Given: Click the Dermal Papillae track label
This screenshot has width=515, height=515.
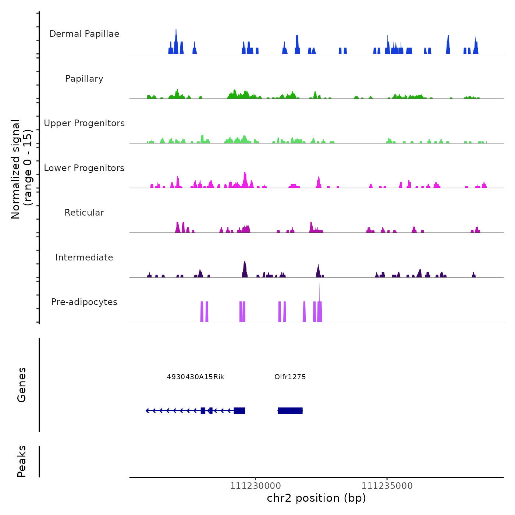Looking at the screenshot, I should pyautogui.click(x=84, y=34).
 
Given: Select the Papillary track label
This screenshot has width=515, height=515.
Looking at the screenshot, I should pyautogui.click(x=84, y=79).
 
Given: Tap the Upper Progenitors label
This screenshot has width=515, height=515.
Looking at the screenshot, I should pyautogui.click(x=84, y=123).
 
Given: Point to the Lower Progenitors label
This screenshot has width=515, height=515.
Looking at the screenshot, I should pyautogui.click(x=84, y=168).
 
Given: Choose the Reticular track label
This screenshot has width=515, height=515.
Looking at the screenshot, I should pyautogui.click(x=84, y=213).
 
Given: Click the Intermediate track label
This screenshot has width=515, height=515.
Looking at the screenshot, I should pyautogui.click(x=84, y=257).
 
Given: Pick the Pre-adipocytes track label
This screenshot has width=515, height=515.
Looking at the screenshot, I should pyautogui.click(x=84, y=302).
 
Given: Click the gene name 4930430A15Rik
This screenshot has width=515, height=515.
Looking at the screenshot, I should pyautogui.click(x=195, y=377).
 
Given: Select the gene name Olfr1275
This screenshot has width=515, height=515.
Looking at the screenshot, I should pyautogui.click(x=290, y=377).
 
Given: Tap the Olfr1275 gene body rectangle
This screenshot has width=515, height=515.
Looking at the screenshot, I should pyautogui.click(x=290, y=411).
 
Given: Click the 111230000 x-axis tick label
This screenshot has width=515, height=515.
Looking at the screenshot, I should pyautogui.click(x=256, y=486).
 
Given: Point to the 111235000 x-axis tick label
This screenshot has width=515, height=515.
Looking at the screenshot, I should pyautogui.click(x=387, y=486).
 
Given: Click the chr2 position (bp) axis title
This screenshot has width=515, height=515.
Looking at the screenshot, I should pyautogui.click(x=316, y=498).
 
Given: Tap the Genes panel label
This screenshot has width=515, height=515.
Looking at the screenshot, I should pyautogui.click(x=22, y=385).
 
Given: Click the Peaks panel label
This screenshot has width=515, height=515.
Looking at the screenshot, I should pyautogui.click(x=22, y=461).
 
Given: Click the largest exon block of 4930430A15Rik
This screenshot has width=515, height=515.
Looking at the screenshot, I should pyautogui.click(x=239, y=411).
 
